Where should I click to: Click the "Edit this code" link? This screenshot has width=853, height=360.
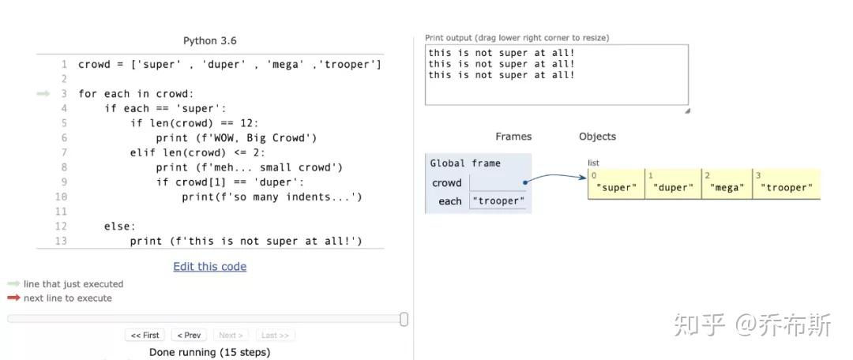tap(209, 267)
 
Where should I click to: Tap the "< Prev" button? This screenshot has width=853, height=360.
tap(189, 336)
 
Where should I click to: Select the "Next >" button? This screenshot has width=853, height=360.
tap(231, 336)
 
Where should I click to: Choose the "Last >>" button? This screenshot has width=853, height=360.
tap(275, 336)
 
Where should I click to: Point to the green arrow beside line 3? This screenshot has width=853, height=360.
tap(43, 94)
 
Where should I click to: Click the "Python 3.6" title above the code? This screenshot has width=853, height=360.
tap(209, 41)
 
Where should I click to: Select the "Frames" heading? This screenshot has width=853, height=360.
tap(513, 137)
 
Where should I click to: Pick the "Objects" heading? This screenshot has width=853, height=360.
tap(597, 137)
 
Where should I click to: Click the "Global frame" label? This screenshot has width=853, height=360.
tap(465, 163)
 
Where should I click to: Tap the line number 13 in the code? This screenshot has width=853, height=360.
tap(61, 241)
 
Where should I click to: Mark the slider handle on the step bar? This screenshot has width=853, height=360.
tap(404, 319)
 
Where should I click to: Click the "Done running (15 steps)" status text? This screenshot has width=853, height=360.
tap(209, 352)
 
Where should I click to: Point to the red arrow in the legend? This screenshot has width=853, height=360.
tap(13, 298)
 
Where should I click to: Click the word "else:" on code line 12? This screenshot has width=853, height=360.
tap(119, 227)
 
